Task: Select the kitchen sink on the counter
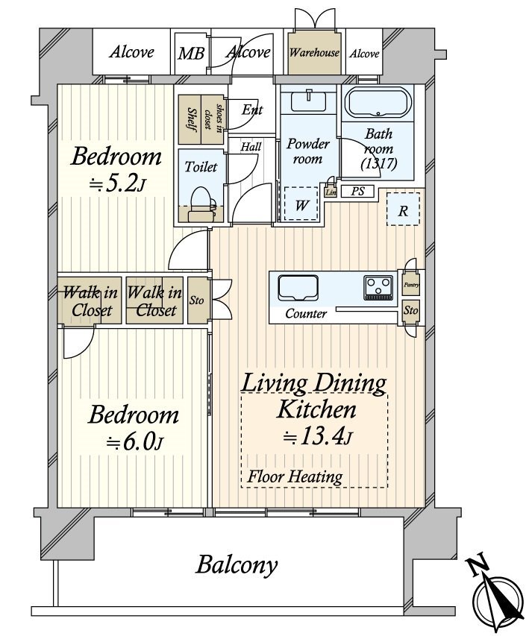click(x=298, y=286)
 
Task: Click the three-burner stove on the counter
click(x=378, y=286)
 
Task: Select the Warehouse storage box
click(x=315, y=53)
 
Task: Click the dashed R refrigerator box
click(x=403, y=210)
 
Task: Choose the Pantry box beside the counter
click(x=411, y=284)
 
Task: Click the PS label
click(x=357, y=192)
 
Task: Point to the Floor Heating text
click(x=295, y=476)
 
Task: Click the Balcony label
click(x=237, y=564)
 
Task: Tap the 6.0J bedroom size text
click(x=135, y=441)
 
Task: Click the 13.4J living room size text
click(x=313, y=436)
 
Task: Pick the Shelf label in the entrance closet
click(x=191, y=119)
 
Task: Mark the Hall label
click(x=251, y=147)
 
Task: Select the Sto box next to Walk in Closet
click(x=198, y=300)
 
